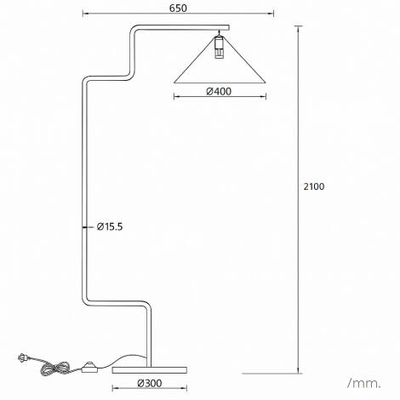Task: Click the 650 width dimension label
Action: coord(178,8)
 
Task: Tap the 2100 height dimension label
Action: coord(315,186)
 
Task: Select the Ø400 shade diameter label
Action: coord(219,92)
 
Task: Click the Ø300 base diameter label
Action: coord(150,383)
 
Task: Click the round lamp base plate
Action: coord(150,369)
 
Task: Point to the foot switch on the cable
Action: coord(89,368)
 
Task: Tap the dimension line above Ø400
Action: coord(219,99)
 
